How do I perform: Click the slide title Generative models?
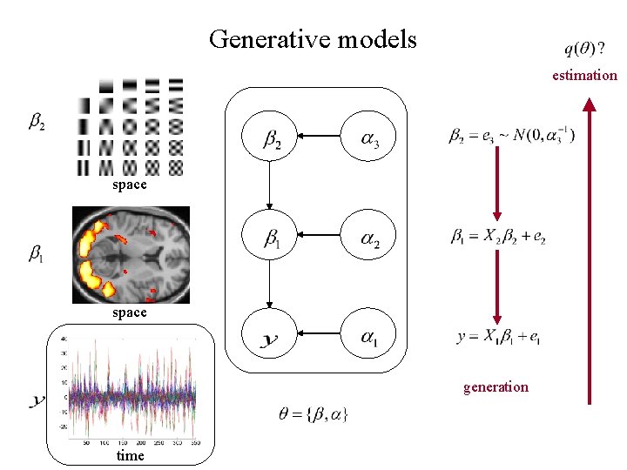point(313,39)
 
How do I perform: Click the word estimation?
point(584,75)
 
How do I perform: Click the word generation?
point(496,386)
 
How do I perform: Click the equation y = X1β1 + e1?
point(499,337)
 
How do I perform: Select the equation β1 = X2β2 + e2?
point(497,236)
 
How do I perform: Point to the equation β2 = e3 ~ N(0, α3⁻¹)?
point(511,136)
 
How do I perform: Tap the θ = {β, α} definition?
point(312,415)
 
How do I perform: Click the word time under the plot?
point(130,455)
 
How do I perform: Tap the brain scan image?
point(131,254)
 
